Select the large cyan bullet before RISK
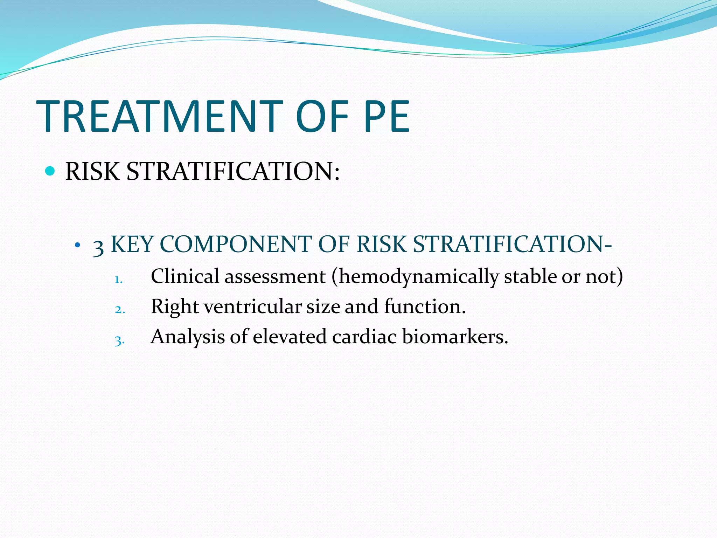pyautogui.click(x=50, y=171)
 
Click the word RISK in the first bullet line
pyautogui.click(x=92, y=172)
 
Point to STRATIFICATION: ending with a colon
pyautogui.click(x=233, y=172)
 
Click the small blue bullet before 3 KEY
pyautogui.click(x=78, y=245)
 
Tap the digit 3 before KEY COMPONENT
pyautogui.click(x=98, y=247)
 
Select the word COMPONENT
pyautogui.click(x=236, y=244)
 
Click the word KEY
pyautogui.click(x=132, y=244)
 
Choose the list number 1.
pyautogui.click(x=118, y=280)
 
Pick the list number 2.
pyautogui.click(x=120, y=310)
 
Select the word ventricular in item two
pyautogui.click(x=252, y=306)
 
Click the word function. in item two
pyautogui.click(x=425, y=306)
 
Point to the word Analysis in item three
pyautogui.click(x=188, y=337)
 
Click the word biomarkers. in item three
pyautogui.click(x=455, y=337)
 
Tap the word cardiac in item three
pyautogui.click(x=364, y=337)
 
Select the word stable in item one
pyautogui.click(x=530, y=276)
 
